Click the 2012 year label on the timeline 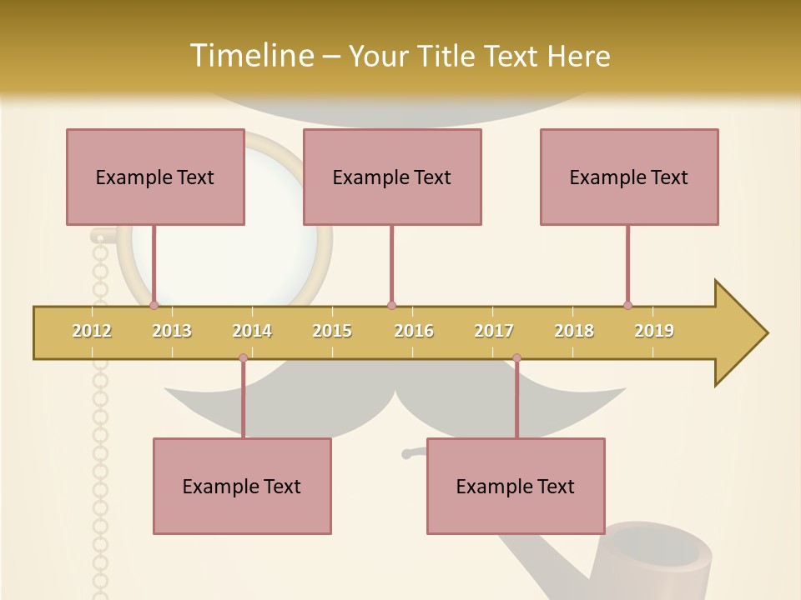92,331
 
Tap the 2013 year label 172,331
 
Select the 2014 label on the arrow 252,331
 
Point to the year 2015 332,331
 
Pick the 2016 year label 414,331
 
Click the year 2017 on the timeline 494,331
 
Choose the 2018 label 574,331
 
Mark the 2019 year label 654,331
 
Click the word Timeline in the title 249,56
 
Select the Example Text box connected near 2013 155,177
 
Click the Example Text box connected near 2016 392,177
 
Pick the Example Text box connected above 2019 629,177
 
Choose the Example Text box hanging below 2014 242,486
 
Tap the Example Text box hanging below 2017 516,486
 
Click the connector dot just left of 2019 627,305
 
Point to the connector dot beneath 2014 243,357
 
